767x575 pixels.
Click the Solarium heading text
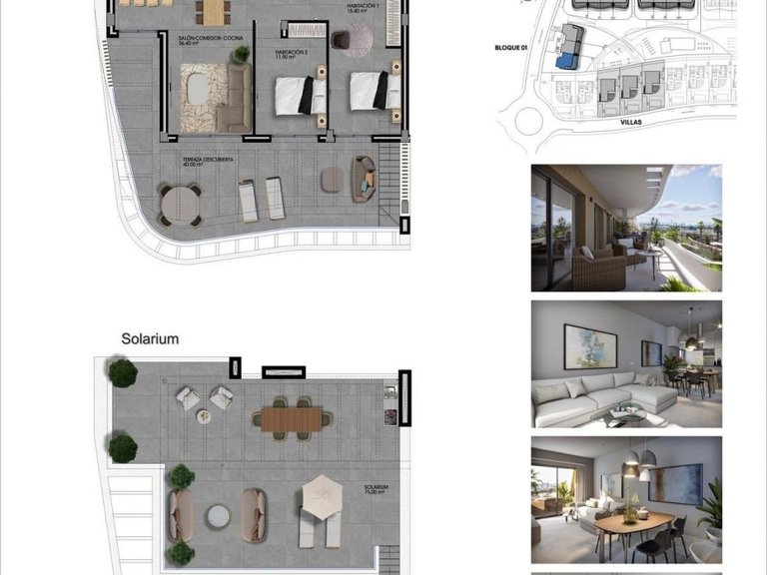point(150,338)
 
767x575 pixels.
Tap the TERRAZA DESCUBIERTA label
point(208,160)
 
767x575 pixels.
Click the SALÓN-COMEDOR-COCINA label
point(204,39)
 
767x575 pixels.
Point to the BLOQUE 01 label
point(516,47)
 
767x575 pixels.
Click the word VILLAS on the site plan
point(629,121)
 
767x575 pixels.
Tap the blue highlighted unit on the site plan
point(567,61)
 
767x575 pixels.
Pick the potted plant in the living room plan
point(240,55)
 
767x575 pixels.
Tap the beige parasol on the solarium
point(323,493)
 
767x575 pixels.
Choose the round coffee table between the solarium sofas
point(218,516)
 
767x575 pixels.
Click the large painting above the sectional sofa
point(590,346)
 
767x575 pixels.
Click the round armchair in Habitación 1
point(341,41)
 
